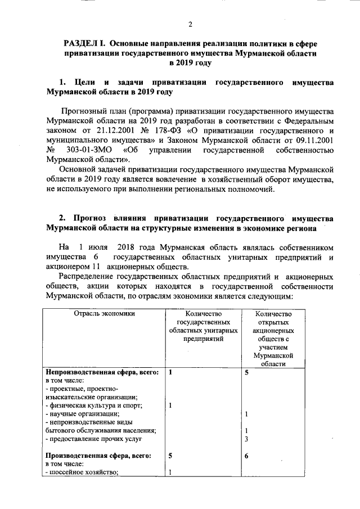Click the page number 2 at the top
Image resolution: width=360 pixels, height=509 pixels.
[x=190, y=24]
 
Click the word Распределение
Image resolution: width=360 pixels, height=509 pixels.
[x=89, y=277]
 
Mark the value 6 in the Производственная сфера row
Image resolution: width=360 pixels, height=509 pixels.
[x=246, y=456]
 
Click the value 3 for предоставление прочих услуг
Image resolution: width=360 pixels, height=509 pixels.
[x=246, y=439]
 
